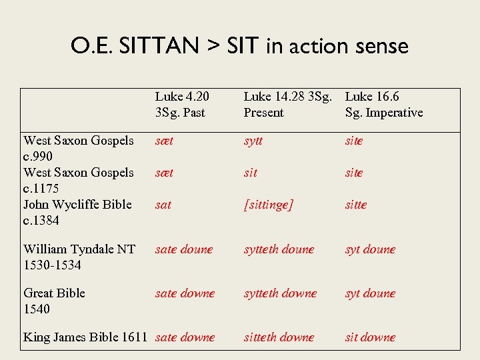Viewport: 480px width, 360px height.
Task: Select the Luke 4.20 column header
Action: (x=182, y=105)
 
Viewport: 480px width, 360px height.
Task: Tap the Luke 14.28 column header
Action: (x=287, y=105)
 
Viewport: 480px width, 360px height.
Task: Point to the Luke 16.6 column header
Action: (x=383, y=105)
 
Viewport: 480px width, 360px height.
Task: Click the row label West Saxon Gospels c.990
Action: (x=78, y=148)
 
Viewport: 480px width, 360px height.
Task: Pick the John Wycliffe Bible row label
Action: (x=77, y=212)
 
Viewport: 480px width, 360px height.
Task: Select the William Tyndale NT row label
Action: (x=79, y=257)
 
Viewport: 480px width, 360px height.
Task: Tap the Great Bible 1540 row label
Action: (x=54, y=301)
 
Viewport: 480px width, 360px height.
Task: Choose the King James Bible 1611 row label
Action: (x=85, y=337)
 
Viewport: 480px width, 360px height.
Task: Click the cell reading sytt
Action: (x=253, y=141)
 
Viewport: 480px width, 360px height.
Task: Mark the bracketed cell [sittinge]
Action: (x=268, y=205)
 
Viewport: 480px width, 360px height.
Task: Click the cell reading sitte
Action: (x=355, y=205)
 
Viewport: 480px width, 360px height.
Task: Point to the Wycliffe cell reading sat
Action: (x=163, y=205)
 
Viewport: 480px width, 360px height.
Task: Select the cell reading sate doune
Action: (x=183, y=249)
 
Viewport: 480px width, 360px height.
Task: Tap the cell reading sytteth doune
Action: (x=279, y=249)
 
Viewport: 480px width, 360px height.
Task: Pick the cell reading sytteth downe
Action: (x=280, y=293)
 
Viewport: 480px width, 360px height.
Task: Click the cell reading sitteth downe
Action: (x=279, y=337)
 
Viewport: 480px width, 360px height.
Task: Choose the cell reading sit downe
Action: (x=370, y=337)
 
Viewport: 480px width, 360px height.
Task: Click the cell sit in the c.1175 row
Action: (x=250, y=173)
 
